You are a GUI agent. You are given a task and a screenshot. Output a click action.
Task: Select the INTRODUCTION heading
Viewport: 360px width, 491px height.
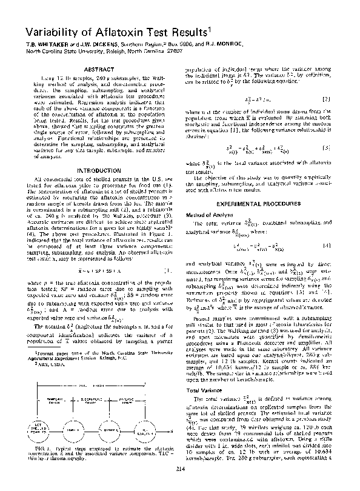point(101,171)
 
